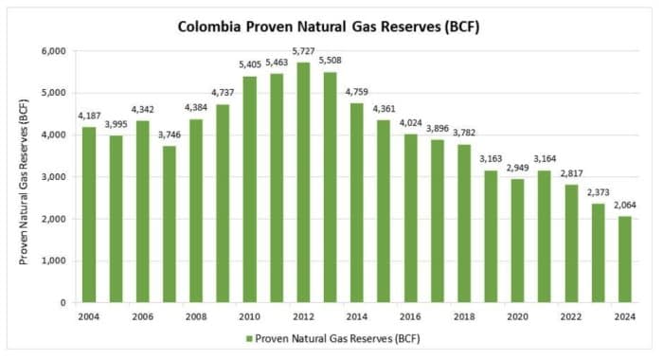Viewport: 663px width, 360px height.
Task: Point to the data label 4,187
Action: (88, 117)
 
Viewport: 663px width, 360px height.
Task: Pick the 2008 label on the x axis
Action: (196, 316)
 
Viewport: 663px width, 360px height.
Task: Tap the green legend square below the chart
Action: (249, 338)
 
